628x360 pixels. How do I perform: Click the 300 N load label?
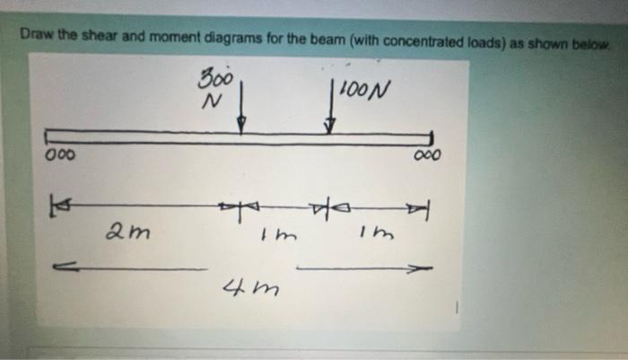tap(215, 87)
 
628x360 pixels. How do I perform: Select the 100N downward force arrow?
tap(332, 108)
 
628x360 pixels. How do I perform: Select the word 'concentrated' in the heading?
tap(426, 39)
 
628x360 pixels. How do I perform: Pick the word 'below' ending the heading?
tap(592, 41)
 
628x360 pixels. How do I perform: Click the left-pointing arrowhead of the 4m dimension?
tap(60, 266)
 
